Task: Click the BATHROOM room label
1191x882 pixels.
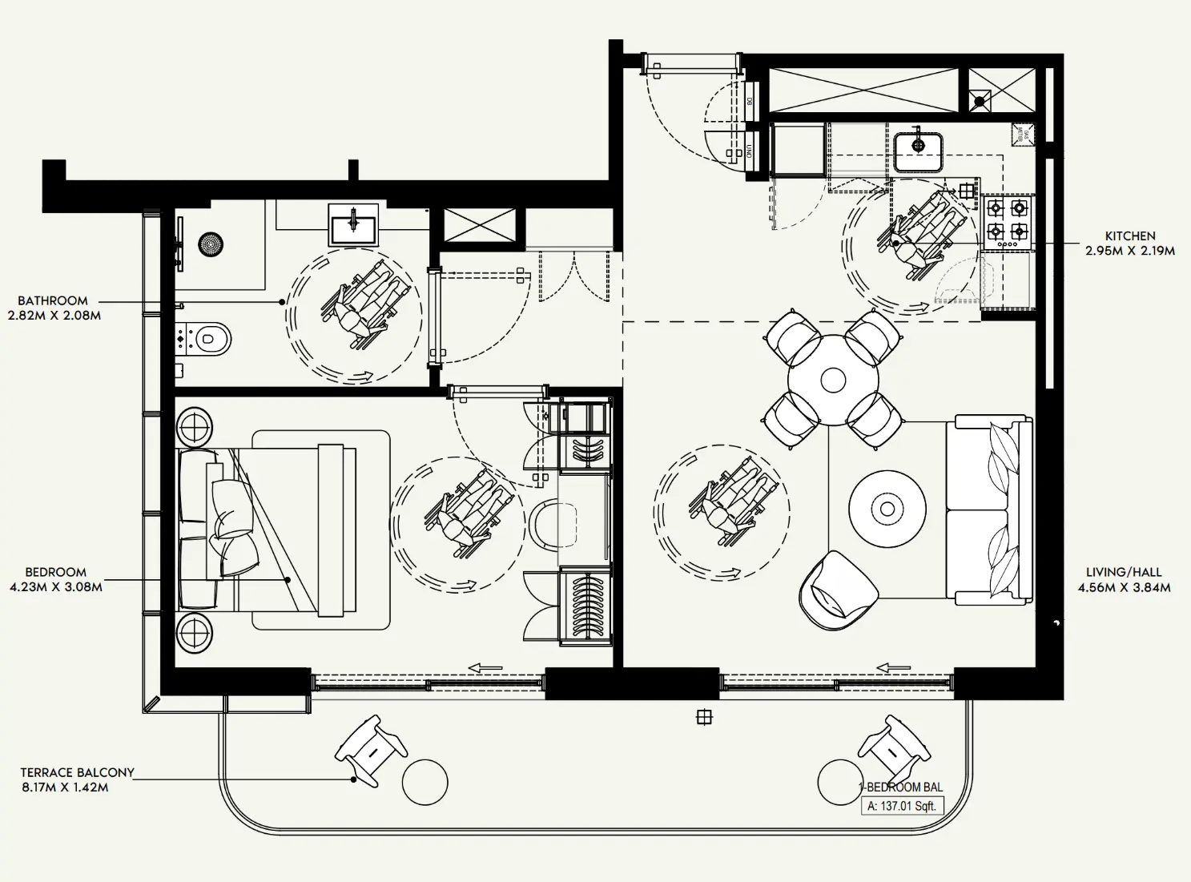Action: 53,300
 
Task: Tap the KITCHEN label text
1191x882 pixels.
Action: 1129,236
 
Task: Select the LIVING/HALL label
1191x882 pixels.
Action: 1123,572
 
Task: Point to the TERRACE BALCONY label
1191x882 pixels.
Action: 77,772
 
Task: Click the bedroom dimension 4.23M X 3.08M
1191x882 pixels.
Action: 56,586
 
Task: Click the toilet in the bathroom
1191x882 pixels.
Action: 205,339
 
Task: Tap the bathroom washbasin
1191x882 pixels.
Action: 352,224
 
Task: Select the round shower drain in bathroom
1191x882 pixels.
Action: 211,244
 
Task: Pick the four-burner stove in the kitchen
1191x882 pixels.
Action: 1007,220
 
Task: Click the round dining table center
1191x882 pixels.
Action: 833,380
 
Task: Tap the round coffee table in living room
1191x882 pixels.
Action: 887,509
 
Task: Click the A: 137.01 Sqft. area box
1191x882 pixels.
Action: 901,806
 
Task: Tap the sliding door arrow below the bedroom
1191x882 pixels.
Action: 485,667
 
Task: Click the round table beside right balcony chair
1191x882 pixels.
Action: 839,782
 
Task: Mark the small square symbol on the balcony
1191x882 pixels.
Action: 704,717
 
